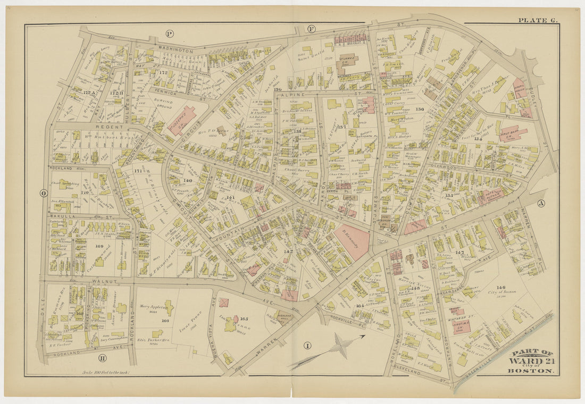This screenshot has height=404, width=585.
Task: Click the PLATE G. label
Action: pyautogui.click(x=538, y=20)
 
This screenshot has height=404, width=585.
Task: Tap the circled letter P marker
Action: pyautogui.click(x=170, y=34)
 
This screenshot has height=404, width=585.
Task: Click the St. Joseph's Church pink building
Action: pyautogui.click(x=181, y=120)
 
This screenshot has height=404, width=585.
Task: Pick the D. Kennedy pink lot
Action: pyautogui.click(x=352, y=239)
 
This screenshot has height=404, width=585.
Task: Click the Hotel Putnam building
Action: pyautogui.click(x=491, y=197)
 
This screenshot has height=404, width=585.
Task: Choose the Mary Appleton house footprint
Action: pyautogui.click(x=169, y=307)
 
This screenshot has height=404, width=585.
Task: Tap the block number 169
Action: pyautogui.click(x=99, y=246)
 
